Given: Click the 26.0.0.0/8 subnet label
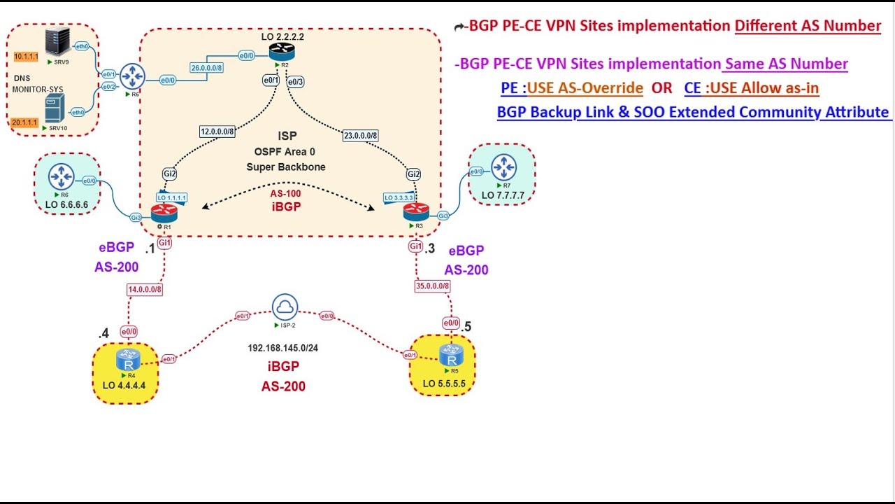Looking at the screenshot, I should pos(207,68).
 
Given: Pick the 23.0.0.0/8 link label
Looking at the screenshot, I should pos(360,136).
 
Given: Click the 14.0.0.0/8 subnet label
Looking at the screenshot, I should pos(145,288).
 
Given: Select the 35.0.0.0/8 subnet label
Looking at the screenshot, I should pos(432,286).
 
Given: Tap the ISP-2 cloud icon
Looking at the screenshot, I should pos(285,307).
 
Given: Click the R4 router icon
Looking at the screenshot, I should pos(128,360).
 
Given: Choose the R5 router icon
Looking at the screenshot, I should pos(451,355).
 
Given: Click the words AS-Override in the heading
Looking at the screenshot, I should pos(585,88).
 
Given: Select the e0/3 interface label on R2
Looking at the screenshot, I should pos(296,82).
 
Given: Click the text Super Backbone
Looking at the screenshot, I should pos(285,167).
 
